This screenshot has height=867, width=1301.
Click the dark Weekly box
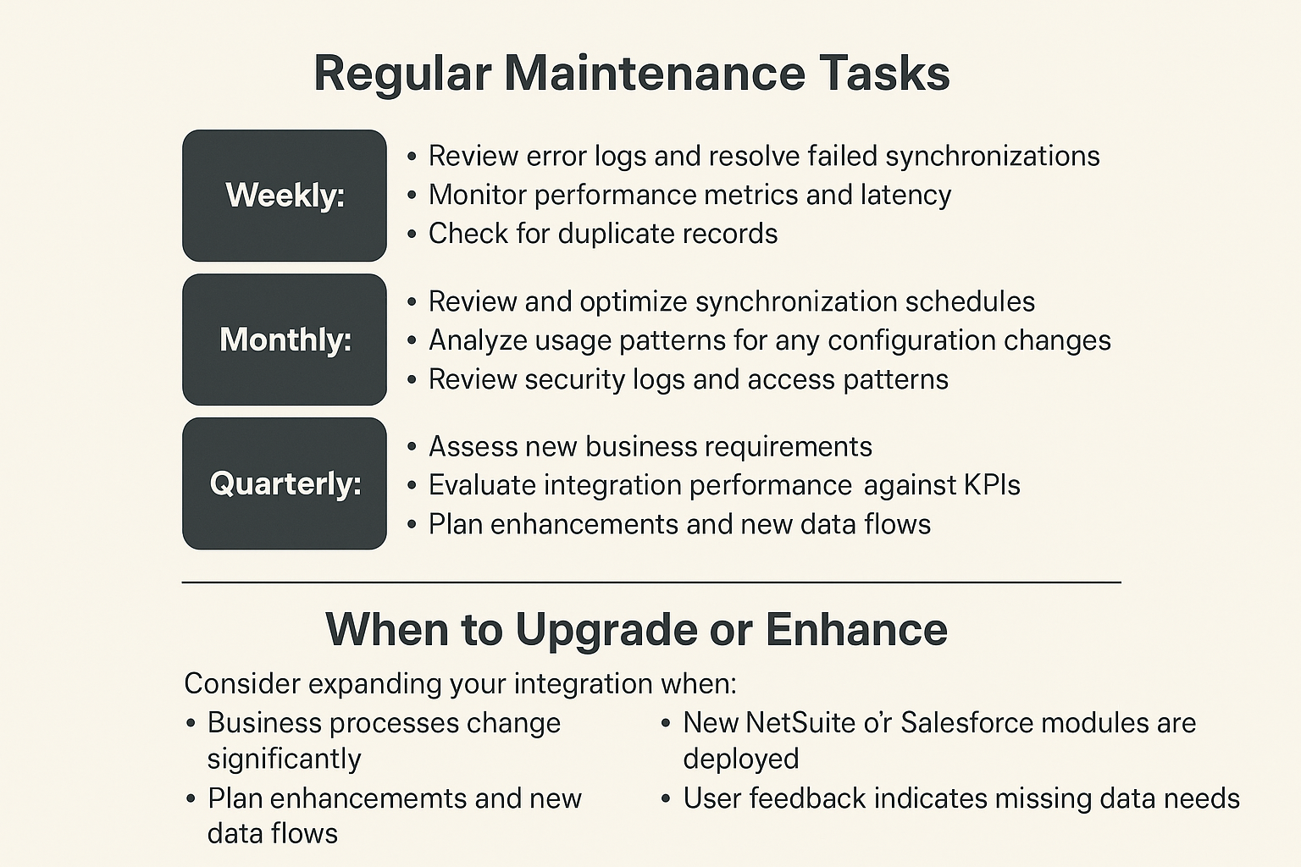[x=285, y=196]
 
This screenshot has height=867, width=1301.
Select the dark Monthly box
[x=285, y=340]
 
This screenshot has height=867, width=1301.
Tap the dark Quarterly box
[x=285, y=483]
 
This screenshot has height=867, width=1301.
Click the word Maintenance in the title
[x=654, y=73]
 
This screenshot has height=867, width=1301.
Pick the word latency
[x=905, y=196]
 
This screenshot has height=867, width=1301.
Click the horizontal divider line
[x=651, y=583]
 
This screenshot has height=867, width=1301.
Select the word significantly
[x=284, y=759]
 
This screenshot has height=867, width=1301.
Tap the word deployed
[x=741, y=759]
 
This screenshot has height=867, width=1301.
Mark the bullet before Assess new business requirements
[x=412, y=447]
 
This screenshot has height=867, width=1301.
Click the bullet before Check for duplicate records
[x=412, y=235]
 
